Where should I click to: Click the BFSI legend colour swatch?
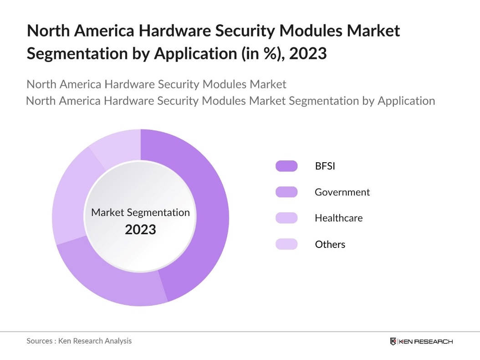286,166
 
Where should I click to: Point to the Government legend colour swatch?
286,192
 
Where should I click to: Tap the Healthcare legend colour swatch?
286,218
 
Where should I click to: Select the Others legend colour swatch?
286,244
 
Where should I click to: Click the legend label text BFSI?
325,166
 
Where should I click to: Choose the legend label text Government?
342,192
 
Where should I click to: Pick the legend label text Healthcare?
338,218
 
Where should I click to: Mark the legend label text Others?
330,244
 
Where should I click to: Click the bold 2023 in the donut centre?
140,229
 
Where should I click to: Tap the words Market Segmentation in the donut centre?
140,212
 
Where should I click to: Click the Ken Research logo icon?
393,341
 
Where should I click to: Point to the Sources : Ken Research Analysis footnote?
79,341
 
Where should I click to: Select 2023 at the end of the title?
307,53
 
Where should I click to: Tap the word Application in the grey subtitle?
406,100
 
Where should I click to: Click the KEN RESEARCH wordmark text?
425,341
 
